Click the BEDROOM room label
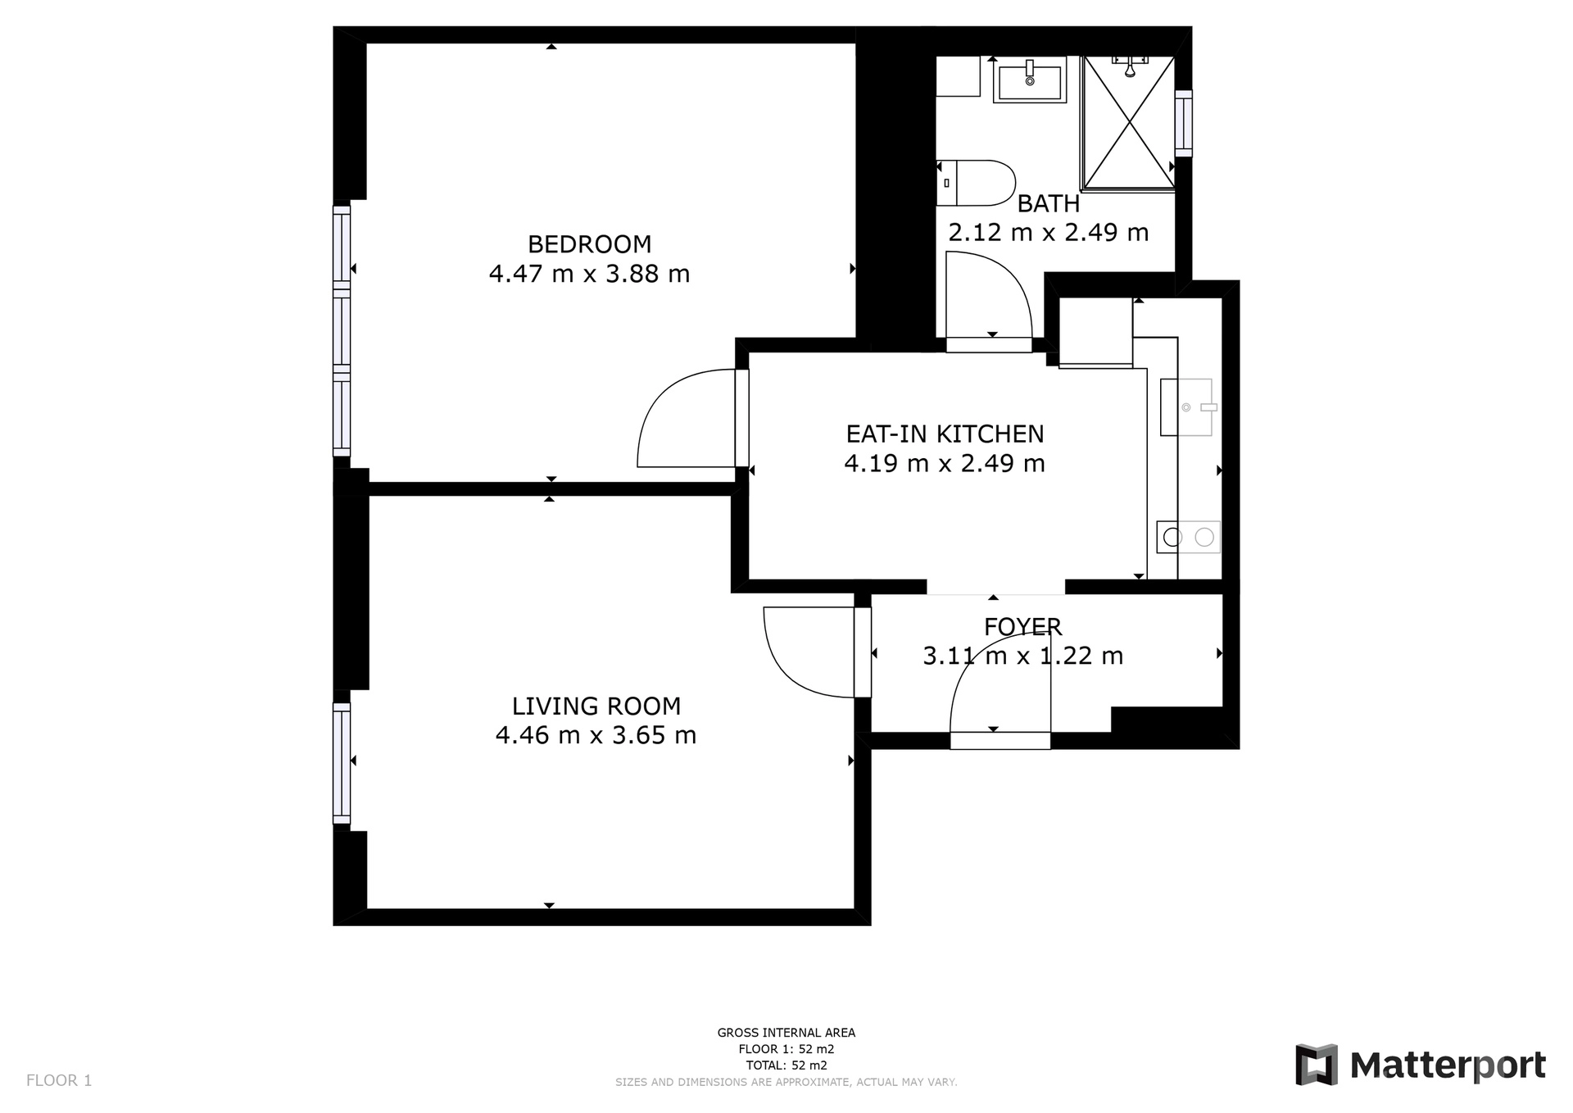(x=589, y=244)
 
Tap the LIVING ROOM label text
(x=596, y=706)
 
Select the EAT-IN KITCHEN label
(x=945, y=434)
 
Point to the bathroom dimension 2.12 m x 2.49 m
(x=1048, y=233)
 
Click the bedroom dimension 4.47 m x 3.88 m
(x=589, y=274)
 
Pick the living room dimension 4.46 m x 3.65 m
(x=596, y=735)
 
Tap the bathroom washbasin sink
(x=1030, y=80)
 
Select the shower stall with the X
(x=1128, y=124)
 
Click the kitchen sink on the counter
(x=1186, y=407)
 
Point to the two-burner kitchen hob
(x=1189, y=537)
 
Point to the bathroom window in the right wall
(x=1183, y=123)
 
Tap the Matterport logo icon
(x=1316, y=1065)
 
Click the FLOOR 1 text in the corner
(x=59, y=1080)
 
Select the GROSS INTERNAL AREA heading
(x=786, y=1033)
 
